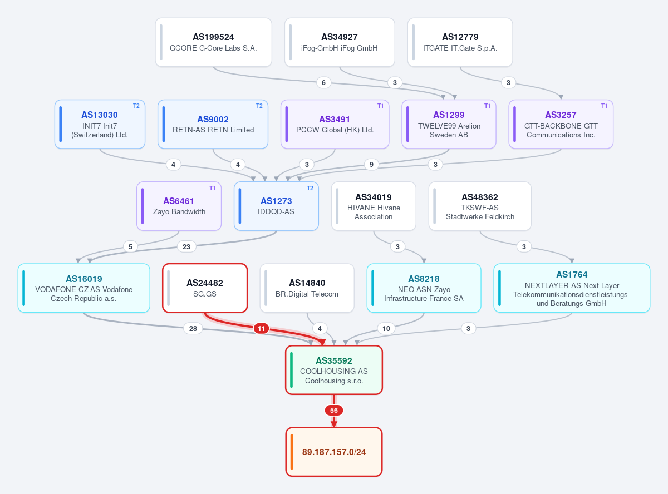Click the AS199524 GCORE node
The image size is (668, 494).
(214, 42)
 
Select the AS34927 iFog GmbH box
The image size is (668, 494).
(340, 42)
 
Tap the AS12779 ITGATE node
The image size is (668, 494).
(460, 42)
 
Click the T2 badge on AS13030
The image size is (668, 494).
(136, 106)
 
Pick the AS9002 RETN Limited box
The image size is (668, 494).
(213, 124)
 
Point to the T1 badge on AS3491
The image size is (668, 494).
(380, 106)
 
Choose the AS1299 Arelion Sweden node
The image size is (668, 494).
(449, 124)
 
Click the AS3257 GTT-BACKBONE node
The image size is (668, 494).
(561, 124)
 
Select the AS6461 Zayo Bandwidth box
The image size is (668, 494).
(179, 206)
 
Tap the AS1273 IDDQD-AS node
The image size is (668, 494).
(276, 206)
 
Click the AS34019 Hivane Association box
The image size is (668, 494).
(374, 206)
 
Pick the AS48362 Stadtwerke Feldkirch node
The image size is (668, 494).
(480, 206)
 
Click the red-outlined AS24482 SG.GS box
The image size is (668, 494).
(205, 288)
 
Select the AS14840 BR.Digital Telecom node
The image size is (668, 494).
(307, 288)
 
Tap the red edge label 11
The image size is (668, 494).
(261, 328)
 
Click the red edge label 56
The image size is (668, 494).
(333, 411)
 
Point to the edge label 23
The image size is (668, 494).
(186, 246)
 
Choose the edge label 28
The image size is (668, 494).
(193, 328)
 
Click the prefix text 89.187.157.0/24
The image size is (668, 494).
(334, 452)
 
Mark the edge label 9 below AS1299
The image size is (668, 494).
(371, 164)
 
